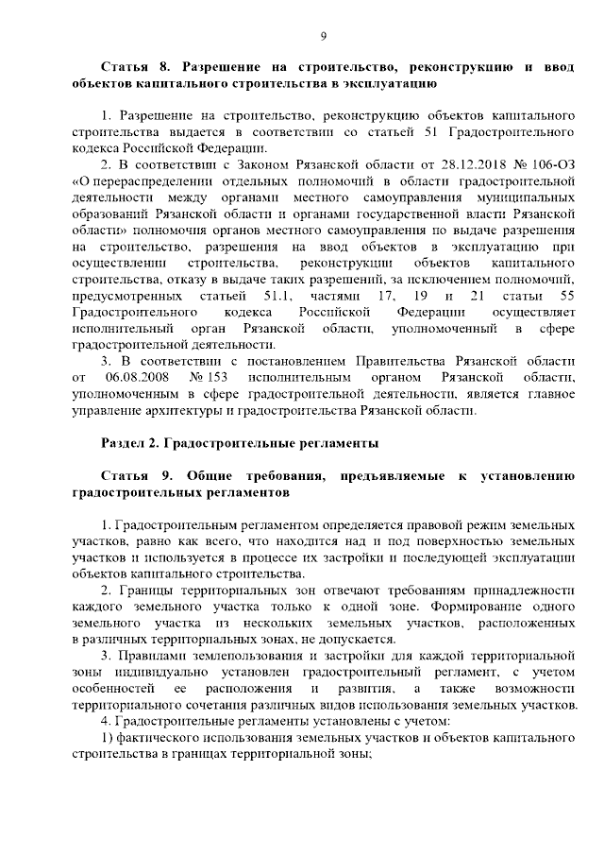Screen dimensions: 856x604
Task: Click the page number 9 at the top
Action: (x=323, y=37)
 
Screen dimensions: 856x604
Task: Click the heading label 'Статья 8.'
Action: (x=130, y=68)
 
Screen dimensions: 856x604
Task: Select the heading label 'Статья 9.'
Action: (x=130, y=476)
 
